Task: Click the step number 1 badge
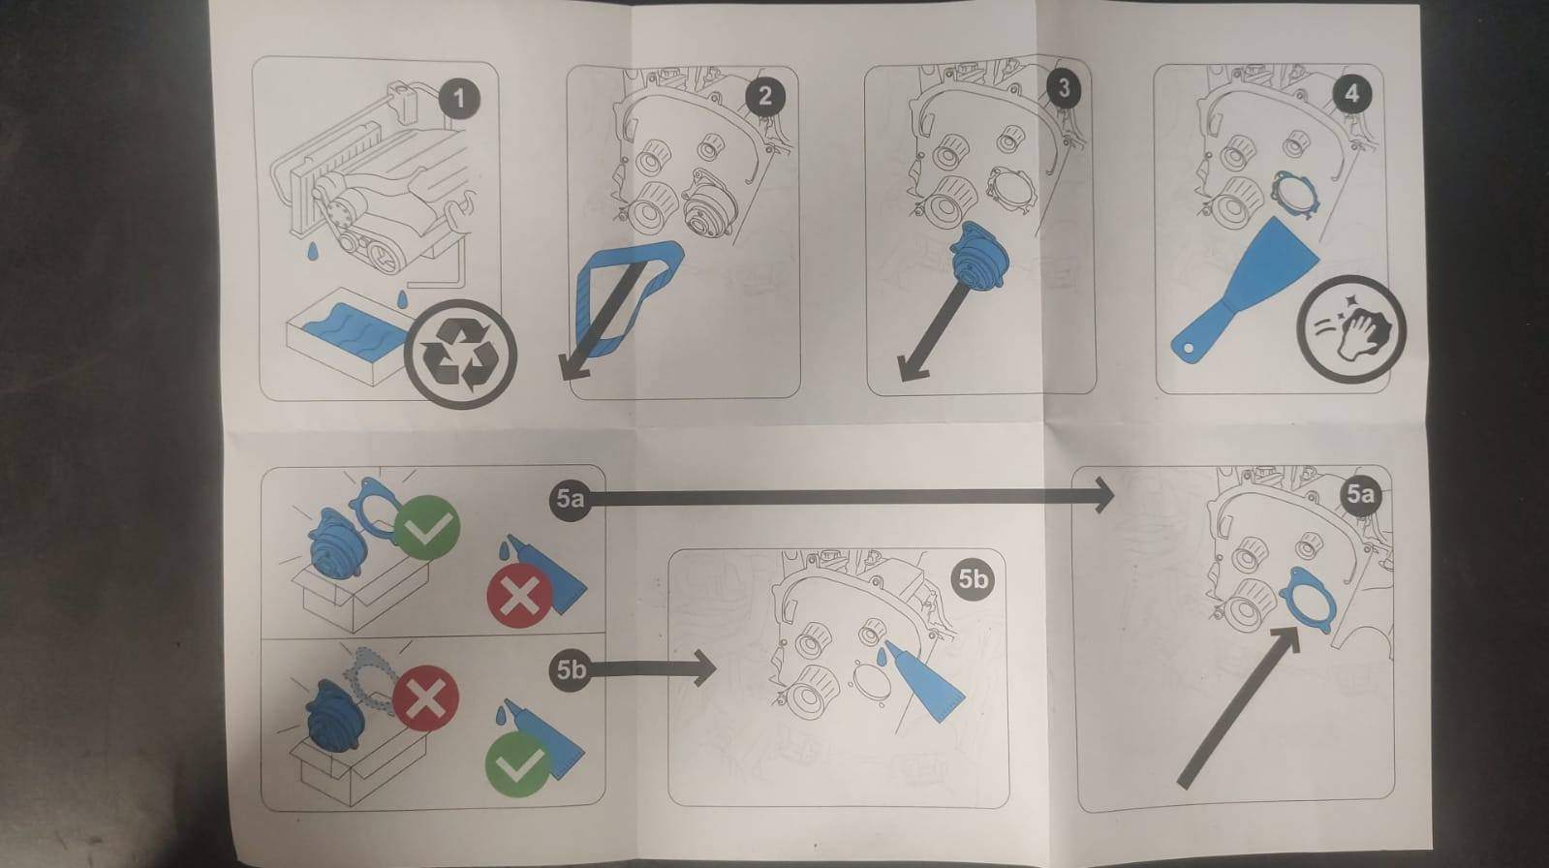tap(458, 99)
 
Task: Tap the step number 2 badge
tap(764, 96)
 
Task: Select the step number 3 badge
tap(1064, 88)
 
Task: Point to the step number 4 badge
tap(1351, 93)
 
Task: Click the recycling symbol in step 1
tap(460, 355)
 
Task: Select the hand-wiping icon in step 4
tap(1351, 329)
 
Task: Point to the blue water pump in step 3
tap(979, 255)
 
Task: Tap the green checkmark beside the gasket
tap(428, 528)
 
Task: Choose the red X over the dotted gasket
tap(426, 697)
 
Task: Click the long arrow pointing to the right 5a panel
tap(851, 497)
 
